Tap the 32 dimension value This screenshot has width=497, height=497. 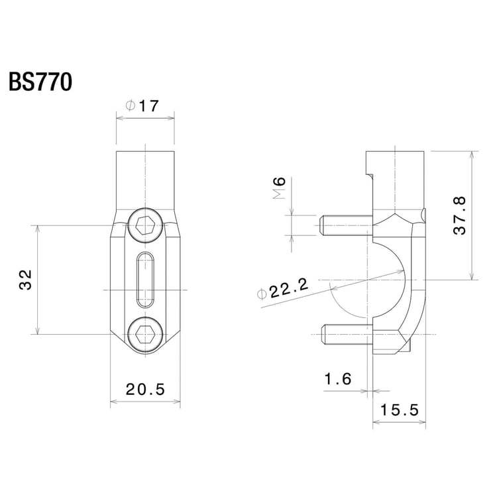pyautogui.click(x=25, y=280)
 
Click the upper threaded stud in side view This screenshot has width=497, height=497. pyautogui.click(x=345, y=227)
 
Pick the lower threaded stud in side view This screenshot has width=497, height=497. pyautogui.click(x=345, y=335)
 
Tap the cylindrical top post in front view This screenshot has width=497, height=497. pyautogui.click(x=145, y=179)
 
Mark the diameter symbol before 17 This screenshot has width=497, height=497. pyautogui.click(x=131, y=105)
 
